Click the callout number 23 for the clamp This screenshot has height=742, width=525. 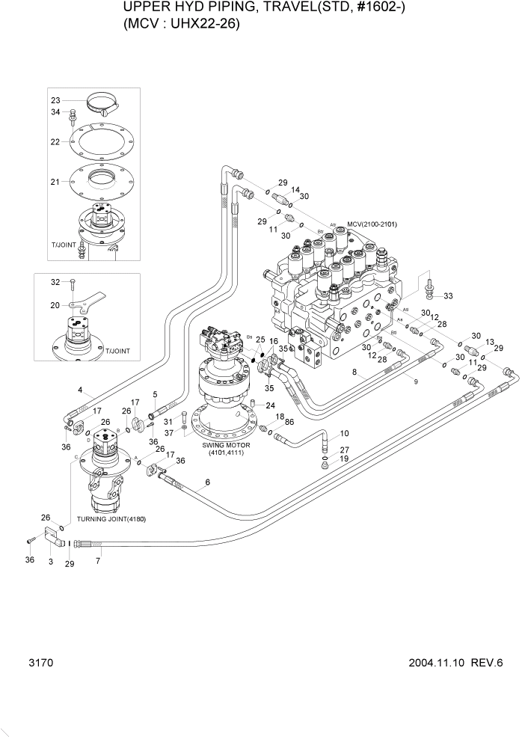[55, 100]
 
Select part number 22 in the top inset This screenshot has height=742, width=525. [55, 141]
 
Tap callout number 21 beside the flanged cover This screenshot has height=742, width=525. [55, 182]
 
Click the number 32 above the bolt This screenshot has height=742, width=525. [55, 282]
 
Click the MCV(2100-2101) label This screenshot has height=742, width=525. [371, 224]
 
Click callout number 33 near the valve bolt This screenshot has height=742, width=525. [448, 296]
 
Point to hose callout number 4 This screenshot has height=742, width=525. [80, 390]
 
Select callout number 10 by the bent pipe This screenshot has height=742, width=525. [345, 434]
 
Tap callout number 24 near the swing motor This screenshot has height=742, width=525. [270, 406]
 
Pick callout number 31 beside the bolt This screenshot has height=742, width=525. [169, 422]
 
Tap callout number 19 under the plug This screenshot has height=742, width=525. [345, 459]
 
